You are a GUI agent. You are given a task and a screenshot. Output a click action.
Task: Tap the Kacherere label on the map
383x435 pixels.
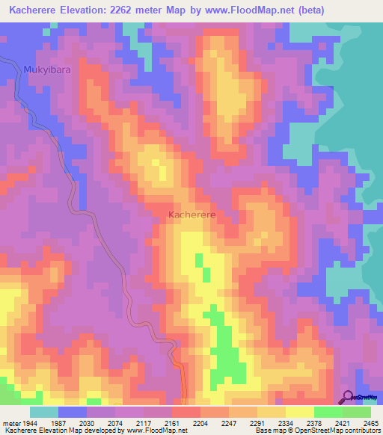[192, 215]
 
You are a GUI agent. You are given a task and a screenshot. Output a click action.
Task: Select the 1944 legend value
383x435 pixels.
[31, 422]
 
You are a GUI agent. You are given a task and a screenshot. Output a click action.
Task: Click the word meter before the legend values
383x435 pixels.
[10, 422]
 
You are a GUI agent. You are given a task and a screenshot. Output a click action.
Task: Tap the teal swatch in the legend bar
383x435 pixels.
[43, 412]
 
